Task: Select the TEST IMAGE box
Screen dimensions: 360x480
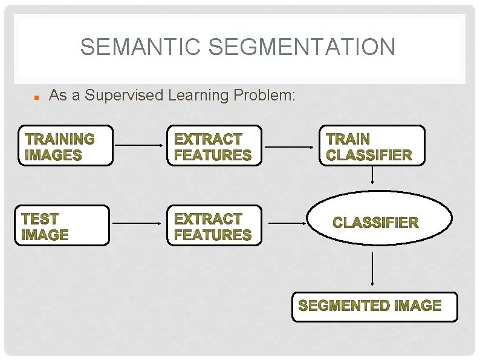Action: click(62, 226)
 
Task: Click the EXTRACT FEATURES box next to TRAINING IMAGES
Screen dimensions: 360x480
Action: click(214, 146)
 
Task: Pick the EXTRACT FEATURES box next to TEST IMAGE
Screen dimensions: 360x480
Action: click(214, 226)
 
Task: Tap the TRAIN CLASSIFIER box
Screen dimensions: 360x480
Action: click(372, 146)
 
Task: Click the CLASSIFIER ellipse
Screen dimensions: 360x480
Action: click(380, 221)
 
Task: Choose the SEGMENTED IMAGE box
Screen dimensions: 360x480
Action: click(375, 306)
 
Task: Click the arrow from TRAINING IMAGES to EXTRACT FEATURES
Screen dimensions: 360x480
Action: click(140, 146)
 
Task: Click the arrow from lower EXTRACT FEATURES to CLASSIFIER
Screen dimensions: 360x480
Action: click(287, 223)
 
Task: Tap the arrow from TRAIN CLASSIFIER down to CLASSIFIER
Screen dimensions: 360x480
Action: click(372, 175)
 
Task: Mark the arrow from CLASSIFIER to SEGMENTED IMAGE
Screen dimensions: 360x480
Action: click(372, 269)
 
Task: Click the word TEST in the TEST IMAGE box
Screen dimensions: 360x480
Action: click(40, 218)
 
